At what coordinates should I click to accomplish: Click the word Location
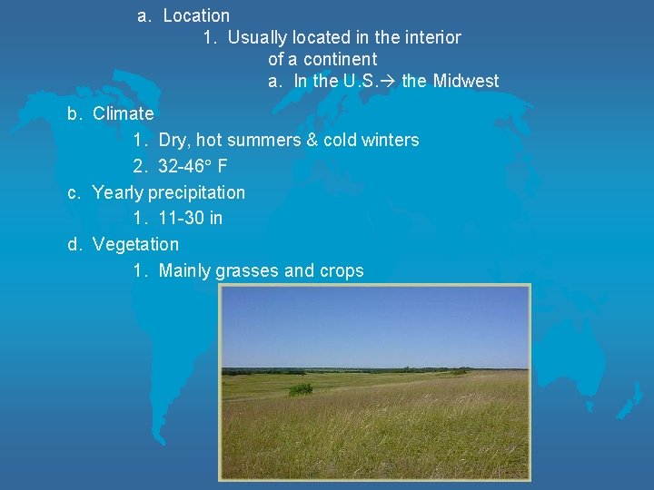(x=196, y=15)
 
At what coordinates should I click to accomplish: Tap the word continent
(x=340, y=59)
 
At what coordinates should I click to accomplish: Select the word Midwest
(x=466, y=81)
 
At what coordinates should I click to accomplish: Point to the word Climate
(x=124, y=113)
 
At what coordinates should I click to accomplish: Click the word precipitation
(x=196, y=192)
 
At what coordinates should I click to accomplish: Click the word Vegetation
(x=135, y=244)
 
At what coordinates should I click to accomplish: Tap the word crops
(x=341, y=270)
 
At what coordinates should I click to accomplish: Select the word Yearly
(x=118, y=192)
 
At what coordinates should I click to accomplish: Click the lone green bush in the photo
(x=300, y=388)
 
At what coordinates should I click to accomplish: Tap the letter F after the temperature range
(x=223, y=166)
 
